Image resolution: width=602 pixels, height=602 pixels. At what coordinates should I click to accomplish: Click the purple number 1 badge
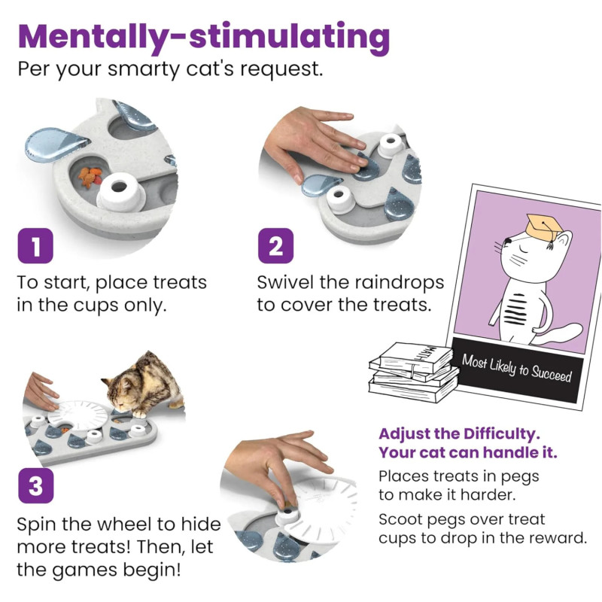click(35, 246)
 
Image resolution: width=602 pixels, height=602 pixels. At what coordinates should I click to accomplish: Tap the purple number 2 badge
click(275, 246)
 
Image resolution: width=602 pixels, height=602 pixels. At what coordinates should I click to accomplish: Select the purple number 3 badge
click(35, 485)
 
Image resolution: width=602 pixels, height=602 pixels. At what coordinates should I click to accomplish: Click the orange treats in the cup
click(90, 177)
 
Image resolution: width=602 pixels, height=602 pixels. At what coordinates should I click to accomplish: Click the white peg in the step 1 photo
click(121, 192)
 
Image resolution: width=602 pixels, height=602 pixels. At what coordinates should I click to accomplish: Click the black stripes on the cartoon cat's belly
click(514, 309)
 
